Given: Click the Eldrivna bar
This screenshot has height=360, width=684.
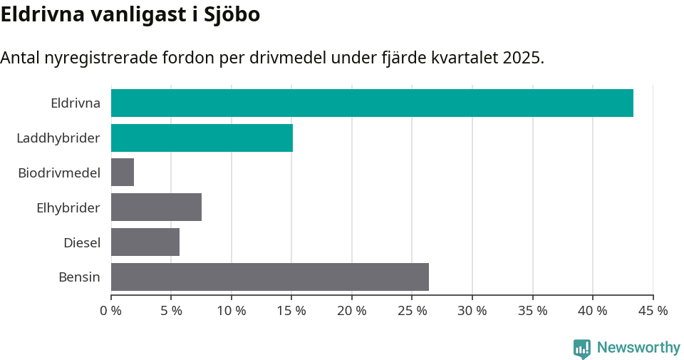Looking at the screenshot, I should (x=372, y=103).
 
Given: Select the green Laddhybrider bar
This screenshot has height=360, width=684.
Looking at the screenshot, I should (x=202, y=138).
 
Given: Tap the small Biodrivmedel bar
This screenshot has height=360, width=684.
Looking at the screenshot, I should (x=123, y=173).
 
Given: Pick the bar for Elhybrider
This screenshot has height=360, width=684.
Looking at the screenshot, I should (x=156, y=207).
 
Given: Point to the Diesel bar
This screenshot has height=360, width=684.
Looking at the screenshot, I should (x=145, y=242).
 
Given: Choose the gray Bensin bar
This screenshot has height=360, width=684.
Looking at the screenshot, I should (x=270, y=277).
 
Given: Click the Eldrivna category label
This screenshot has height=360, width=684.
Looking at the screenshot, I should (x=76, y=103).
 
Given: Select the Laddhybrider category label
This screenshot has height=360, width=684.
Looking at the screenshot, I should (x=58, y=138).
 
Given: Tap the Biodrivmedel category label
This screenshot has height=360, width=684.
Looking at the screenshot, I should (x=59, y=173).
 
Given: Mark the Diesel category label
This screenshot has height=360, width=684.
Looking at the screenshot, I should (x=82, y=242).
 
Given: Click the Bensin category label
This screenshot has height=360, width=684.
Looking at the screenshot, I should (x=79, y=277).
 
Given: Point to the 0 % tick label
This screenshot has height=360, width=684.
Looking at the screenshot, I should (x=111, y=311).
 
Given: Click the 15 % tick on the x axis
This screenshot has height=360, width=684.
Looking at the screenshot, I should (x=291, y=311).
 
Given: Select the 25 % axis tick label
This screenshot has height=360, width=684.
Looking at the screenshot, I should (x=412, y=311).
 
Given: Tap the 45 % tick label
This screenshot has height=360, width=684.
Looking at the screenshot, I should (x=653, y=311).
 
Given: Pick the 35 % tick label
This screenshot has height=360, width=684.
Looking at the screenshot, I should (x=532, y=311).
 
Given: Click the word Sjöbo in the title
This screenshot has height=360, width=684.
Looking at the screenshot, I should (x=230, y=15).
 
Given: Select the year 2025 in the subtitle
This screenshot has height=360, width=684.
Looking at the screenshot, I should (x=521, y=58).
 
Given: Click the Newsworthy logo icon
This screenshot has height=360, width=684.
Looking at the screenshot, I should (x=582, y=348).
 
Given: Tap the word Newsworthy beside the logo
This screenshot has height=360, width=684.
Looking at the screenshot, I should (x=638, y=347).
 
